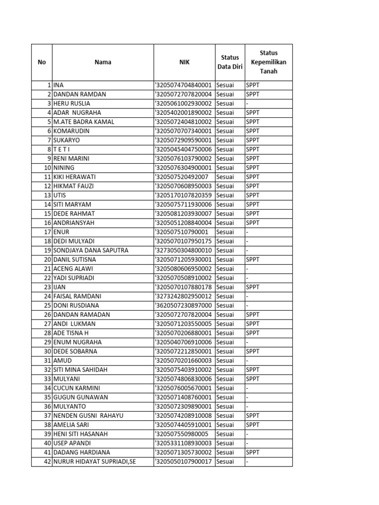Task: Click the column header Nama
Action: pyautogui.click(x=103, y=62)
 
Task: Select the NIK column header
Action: pyautogui.click(x=184, y=62)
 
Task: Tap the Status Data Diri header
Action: pyautogui.click(x=229, y=62)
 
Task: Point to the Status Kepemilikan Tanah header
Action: pyautogui.click(x=268, y=62)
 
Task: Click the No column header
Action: pyautogui.click(x=41, y=62)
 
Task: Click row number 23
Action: pyautogui.click(x=47, y=287)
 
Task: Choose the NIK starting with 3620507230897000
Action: pyautogui.click(x=184, y=305)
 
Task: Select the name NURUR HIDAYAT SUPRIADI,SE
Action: pyautogui.click(x=94, y=462)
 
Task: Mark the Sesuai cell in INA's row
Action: pyautogui.click(x=225, y=85)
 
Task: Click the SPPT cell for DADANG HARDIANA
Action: pyautogui.click(x=253, y=452)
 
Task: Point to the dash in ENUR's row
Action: pyautogui.click(x=247, y=232)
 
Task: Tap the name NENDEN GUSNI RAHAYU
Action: pyautogui.click(x=88, y=416)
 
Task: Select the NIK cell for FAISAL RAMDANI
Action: pyautogui.click(x=184, y=296)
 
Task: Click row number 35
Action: pyautogui.click(x=47, y=397)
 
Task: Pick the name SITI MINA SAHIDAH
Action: pyautogui.click(x=80, y=369)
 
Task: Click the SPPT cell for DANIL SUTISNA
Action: pyautogui.click(x=253, y=259)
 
